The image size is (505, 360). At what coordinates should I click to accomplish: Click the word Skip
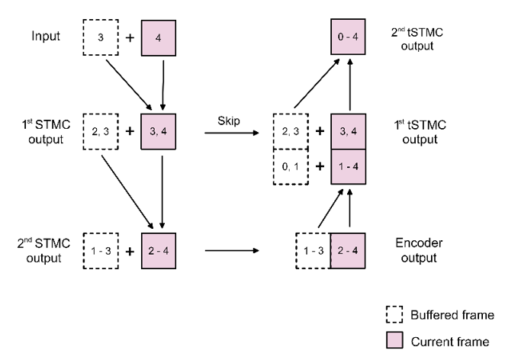pos(229,119)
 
